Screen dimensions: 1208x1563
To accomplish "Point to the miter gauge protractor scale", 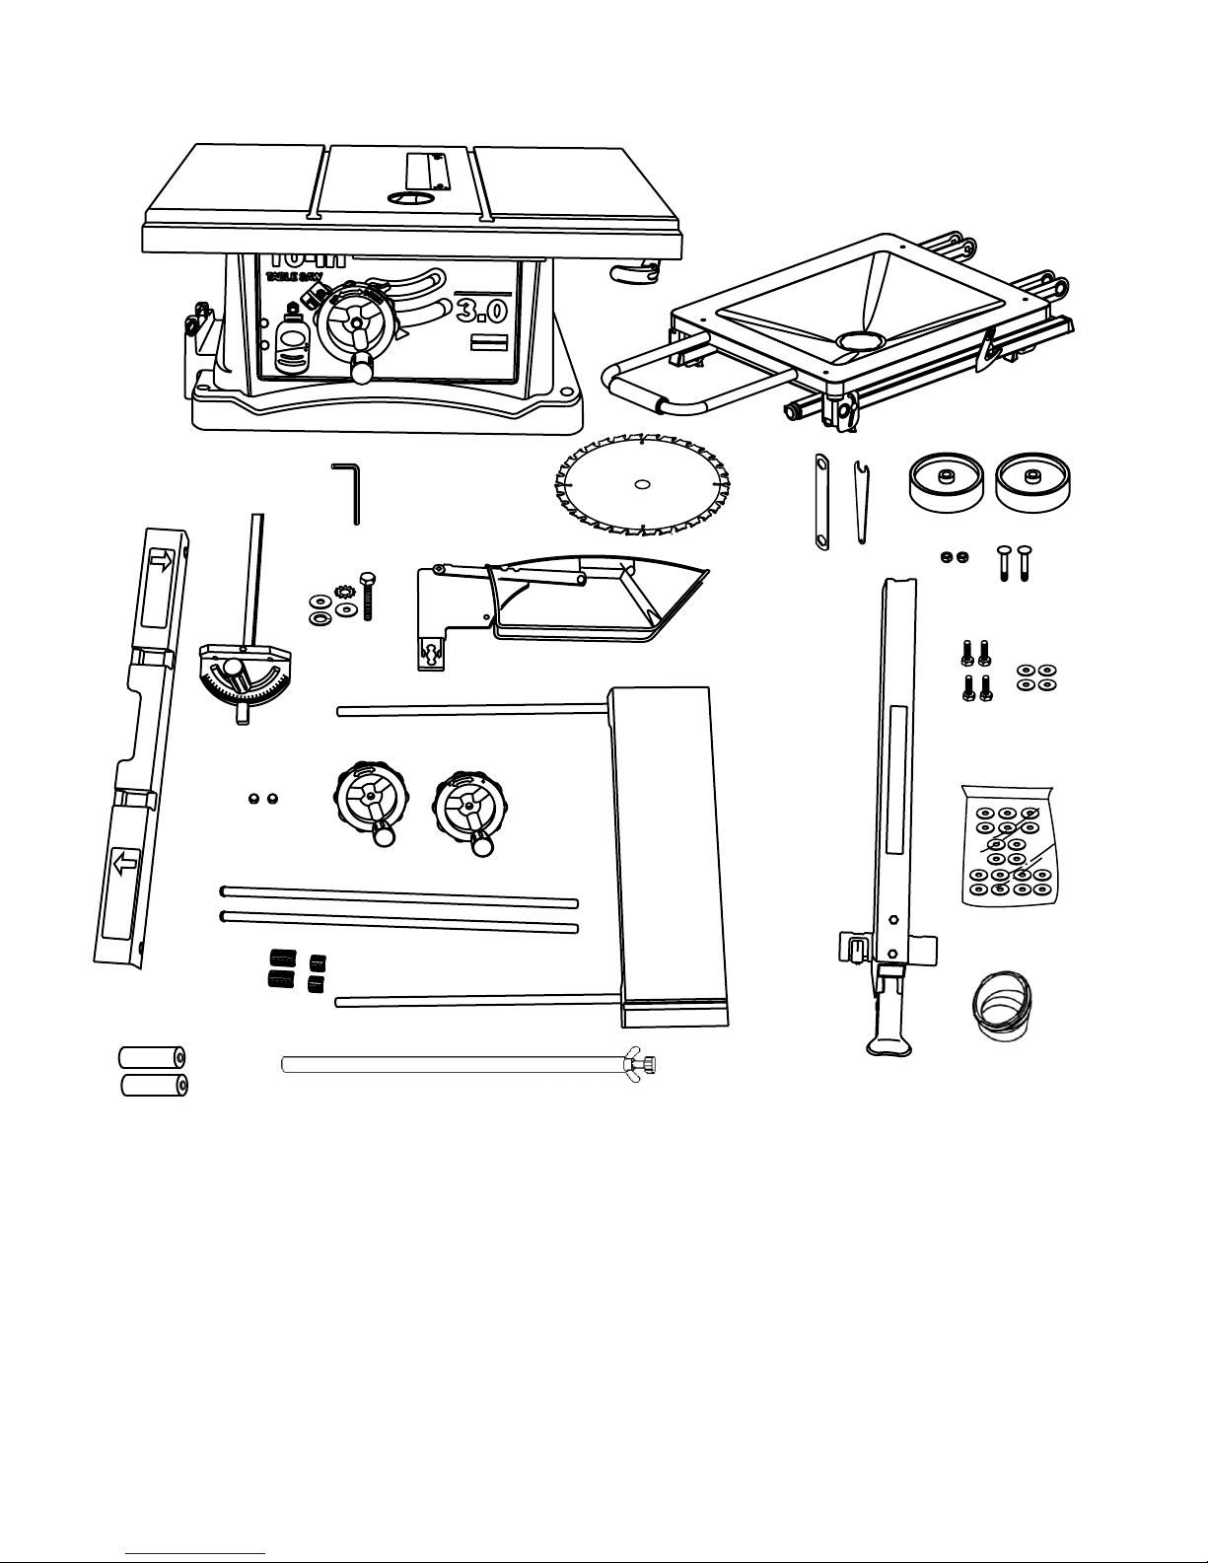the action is [242, 690].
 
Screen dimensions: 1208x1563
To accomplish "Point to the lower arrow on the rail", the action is [124, 865].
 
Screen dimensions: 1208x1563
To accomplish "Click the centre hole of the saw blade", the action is [642, 484].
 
